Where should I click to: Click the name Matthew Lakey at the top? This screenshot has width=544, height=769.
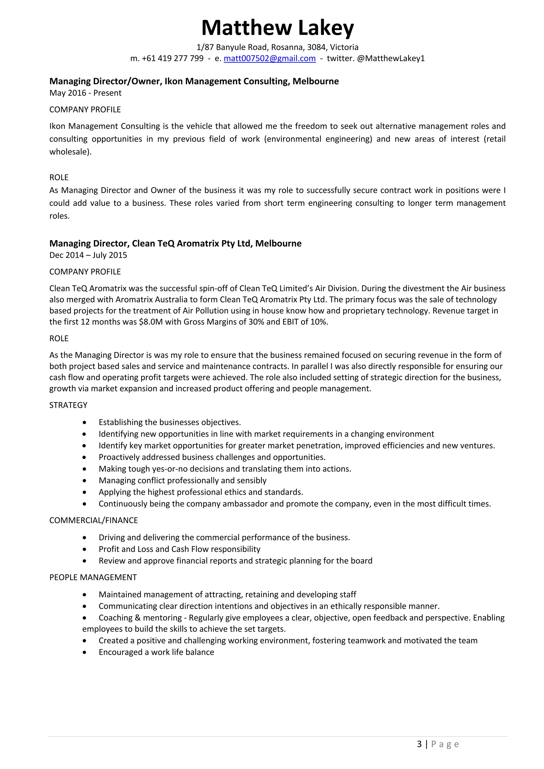click(x=277, y=27)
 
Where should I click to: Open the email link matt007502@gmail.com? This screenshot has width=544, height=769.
click(x=270, y=58)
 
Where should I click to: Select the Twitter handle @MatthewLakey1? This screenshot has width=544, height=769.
click(x=391, y=58)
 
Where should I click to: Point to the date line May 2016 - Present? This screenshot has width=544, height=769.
click(x=85, y=93)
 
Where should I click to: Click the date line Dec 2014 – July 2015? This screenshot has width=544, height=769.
click(x=88, y=255)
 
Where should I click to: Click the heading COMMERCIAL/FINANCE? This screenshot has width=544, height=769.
click(x=93, y=520)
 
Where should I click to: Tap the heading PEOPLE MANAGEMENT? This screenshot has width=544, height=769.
click(x=93, y=577)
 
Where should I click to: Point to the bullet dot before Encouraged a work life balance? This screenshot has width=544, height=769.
click(x=84, y=652)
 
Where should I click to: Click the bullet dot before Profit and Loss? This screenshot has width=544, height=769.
click(x=84, y=549)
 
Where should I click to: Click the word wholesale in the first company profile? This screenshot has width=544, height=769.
click(x=69, y=152)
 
